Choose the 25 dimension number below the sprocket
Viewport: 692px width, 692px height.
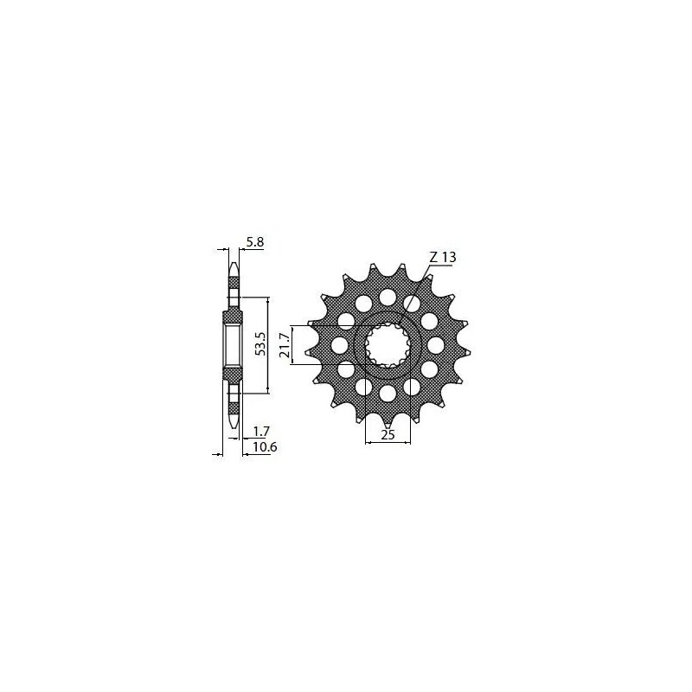tap(388, 435)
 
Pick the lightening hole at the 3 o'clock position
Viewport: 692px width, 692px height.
tap(435, 346)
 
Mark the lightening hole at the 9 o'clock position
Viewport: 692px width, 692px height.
tap(340, 346)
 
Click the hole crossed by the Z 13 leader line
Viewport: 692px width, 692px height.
tap(413, 304)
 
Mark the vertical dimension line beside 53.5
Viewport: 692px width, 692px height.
tap(269, 345)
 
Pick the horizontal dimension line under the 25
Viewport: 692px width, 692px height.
tap(388, 444)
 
